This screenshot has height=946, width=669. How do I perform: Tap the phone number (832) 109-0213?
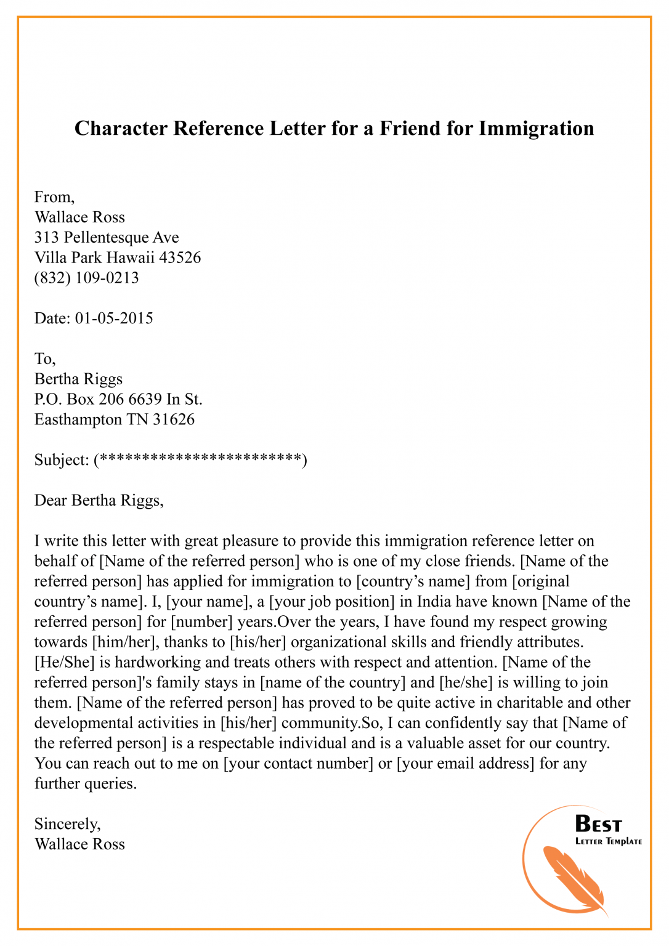[x=87, y=278]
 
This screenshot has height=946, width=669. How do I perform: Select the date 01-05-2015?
[x=114, y=318]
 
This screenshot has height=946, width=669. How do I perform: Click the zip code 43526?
[x=180, y=257]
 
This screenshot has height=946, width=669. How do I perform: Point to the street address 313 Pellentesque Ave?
[x=107, y=238]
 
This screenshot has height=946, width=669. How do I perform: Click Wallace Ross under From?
[x=79, y=217]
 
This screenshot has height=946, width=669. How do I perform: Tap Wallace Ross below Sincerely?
[x=79, y=844]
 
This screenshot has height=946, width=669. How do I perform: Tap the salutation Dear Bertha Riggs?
[x=99, y=500]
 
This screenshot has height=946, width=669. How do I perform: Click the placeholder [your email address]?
[x=465, y=764]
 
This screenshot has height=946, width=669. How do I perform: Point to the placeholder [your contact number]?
[x=298, y=764]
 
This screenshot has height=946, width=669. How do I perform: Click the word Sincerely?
[x=67, y=824]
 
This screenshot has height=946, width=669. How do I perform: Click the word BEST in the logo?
[x=598, y=824]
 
